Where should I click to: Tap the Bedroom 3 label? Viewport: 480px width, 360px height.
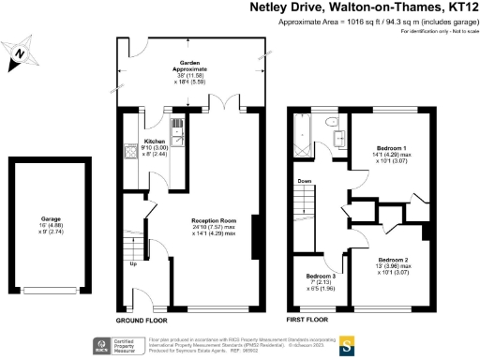321,278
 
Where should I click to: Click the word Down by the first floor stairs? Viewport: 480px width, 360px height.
305,181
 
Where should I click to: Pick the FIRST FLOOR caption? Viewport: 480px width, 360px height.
310,320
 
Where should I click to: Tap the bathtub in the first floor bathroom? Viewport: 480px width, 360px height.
302,133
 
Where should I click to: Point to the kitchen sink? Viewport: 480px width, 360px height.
176,127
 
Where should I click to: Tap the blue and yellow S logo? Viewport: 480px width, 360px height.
345,343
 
